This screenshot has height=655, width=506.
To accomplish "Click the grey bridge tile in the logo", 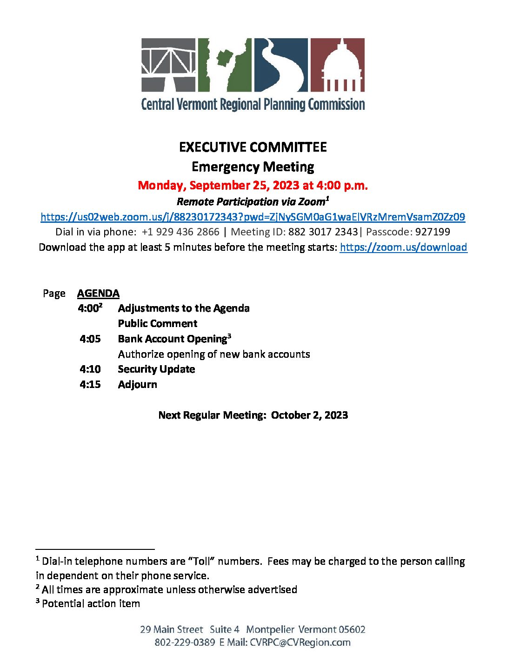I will (x=169, y=65).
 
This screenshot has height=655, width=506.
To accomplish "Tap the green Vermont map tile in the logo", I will (x=225, y=65).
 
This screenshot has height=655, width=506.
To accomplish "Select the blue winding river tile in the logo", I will (x=280, y=65).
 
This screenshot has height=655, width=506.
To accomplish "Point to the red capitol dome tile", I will (x=337, y=65).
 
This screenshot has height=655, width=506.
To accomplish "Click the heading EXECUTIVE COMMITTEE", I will (x=253, y=147).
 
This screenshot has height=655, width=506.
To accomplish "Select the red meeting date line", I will (x=253, y=186).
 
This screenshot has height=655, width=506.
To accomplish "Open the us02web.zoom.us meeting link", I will (x=253, y=217).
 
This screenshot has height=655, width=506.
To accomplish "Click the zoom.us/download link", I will (x=403, y=247).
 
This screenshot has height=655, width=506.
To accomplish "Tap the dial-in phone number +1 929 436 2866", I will (x=180, y=232).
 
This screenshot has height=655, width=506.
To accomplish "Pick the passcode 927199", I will (x=433, y=232).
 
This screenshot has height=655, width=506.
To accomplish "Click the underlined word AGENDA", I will (x=98, y=294).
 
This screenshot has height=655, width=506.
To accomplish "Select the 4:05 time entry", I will (x=90, y=339).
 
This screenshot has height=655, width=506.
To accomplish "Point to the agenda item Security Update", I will (x=156, y=369).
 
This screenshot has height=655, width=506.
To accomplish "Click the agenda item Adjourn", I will (x=138, y=385).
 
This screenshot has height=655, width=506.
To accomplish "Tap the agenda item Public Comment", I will (x=158, y=323).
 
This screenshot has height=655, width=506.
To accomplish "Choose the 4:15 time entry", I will (x=90, y=385).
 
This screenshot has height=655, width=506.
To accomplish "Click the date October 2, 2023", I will (x=309, y=415).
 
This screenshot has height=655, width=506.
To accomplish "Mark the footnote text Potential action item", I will (x=91, y=604).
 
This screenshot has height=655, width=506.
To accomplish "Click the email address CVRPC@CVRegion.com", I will (x=300, y=642).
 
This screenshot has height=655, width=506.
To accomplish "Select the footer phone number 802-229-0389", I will (x=185, y=642).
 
